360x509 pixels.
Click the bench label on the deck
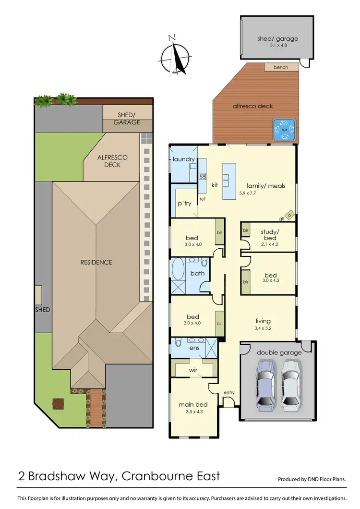(x=281, y=67)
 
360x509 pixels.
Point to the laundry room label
(x=183, y=159)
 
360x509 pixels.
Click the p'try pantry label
(x=185, y=204)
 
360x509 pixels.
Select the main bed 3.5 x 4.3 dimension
(x=192, y=412)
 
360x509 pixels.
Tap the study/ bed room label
(x=268, y=235)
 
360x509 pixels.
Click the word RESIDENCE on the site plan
(x=96, y=262)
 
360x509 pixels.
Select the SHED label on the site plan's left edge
(x=42, y=310)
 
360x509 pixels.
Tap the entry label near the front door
(x=229, y=393)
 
